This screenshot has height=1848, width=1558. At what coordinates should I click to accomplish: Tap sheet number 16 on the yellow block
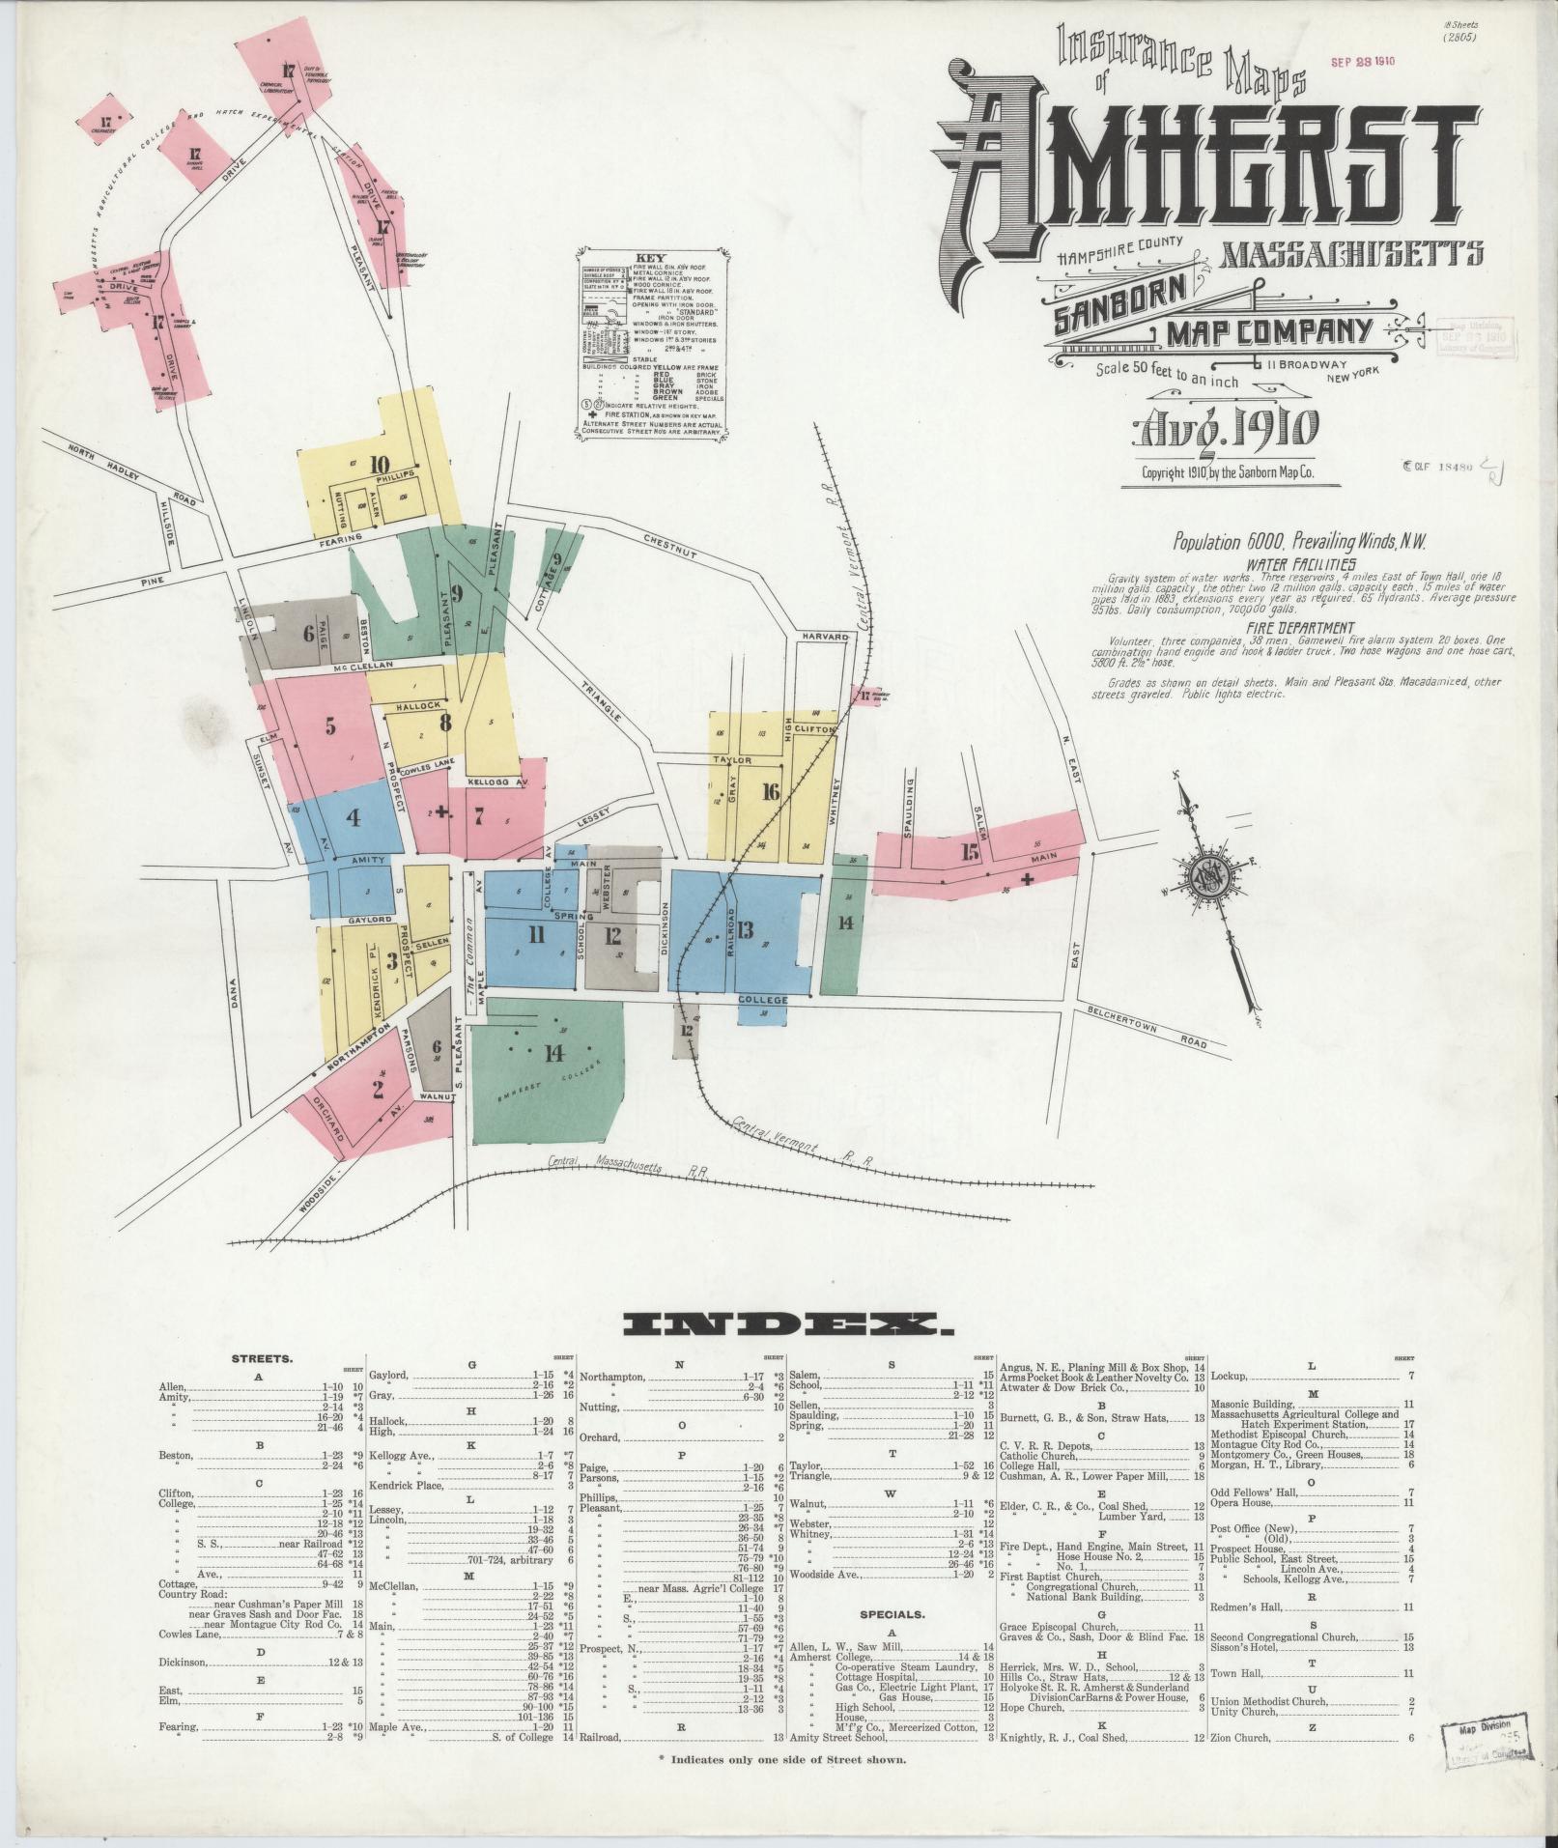(x=770, y=792)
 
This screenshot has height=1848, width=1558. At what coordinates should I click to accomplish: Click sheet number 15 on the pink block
(x=970, y=852)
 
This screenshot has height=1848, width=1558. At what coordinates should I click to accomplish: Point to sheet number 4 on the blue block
(x=354, y=818)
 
